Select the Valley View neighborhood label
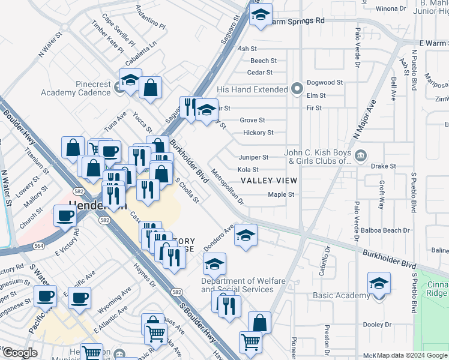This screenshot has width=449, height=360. click(x=268, y=181)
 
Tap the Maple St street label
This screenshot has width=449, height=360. click(x=281, y=194)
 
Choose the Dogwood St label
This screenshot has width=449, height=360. click(x=324, y=83)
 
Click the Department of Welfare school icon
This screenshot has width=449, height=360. click(x=215, y=263)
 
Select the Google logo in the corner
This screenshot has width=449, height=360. click(x=19, y=353)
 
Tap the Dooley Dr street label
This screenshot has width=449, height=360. click(x=378, y=325)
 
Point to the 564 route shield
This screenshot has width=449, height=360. click(x=39, y=245)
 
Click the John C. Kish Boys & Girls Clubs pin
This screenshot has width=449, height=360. click(x=360, y=157)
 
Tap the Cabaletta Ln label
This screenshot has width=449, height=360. click(x=140, y=53)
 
